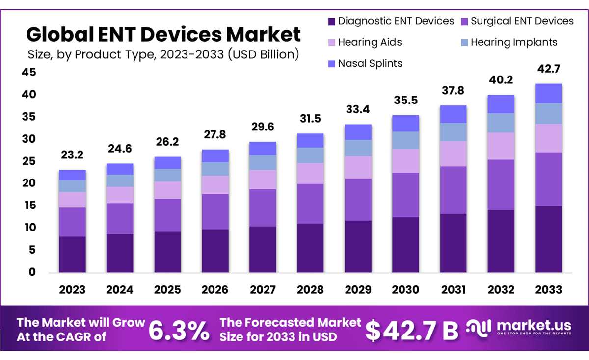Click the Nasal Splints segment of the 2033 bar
pos(549,93)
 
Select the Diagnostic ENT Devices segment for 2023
pos(72,255)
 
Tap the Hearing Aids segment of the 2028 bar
pos(310,174)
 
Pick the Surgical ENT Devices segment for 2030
pos(405,195)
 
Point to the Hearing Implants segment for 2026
pos(215,169)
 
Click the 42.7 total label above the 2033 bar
pos(549,69)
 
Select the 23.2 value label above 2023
pos(72,155)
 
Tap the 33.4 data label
pos(358,109)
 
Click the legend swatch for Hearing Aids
pos(332,43)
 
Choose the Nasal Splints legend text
pos(370,63)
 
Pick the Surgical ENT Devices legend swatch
pos(464,22)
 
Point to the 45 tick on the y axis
pos(29,72)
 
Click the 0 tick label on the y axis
pos(32,272)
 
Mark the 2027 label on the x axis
pos(263,290)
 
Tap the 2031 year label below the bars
pos(454,290)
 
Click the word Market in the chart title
pos(263,34)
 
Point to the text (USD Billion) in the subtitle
pos(264,54)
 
